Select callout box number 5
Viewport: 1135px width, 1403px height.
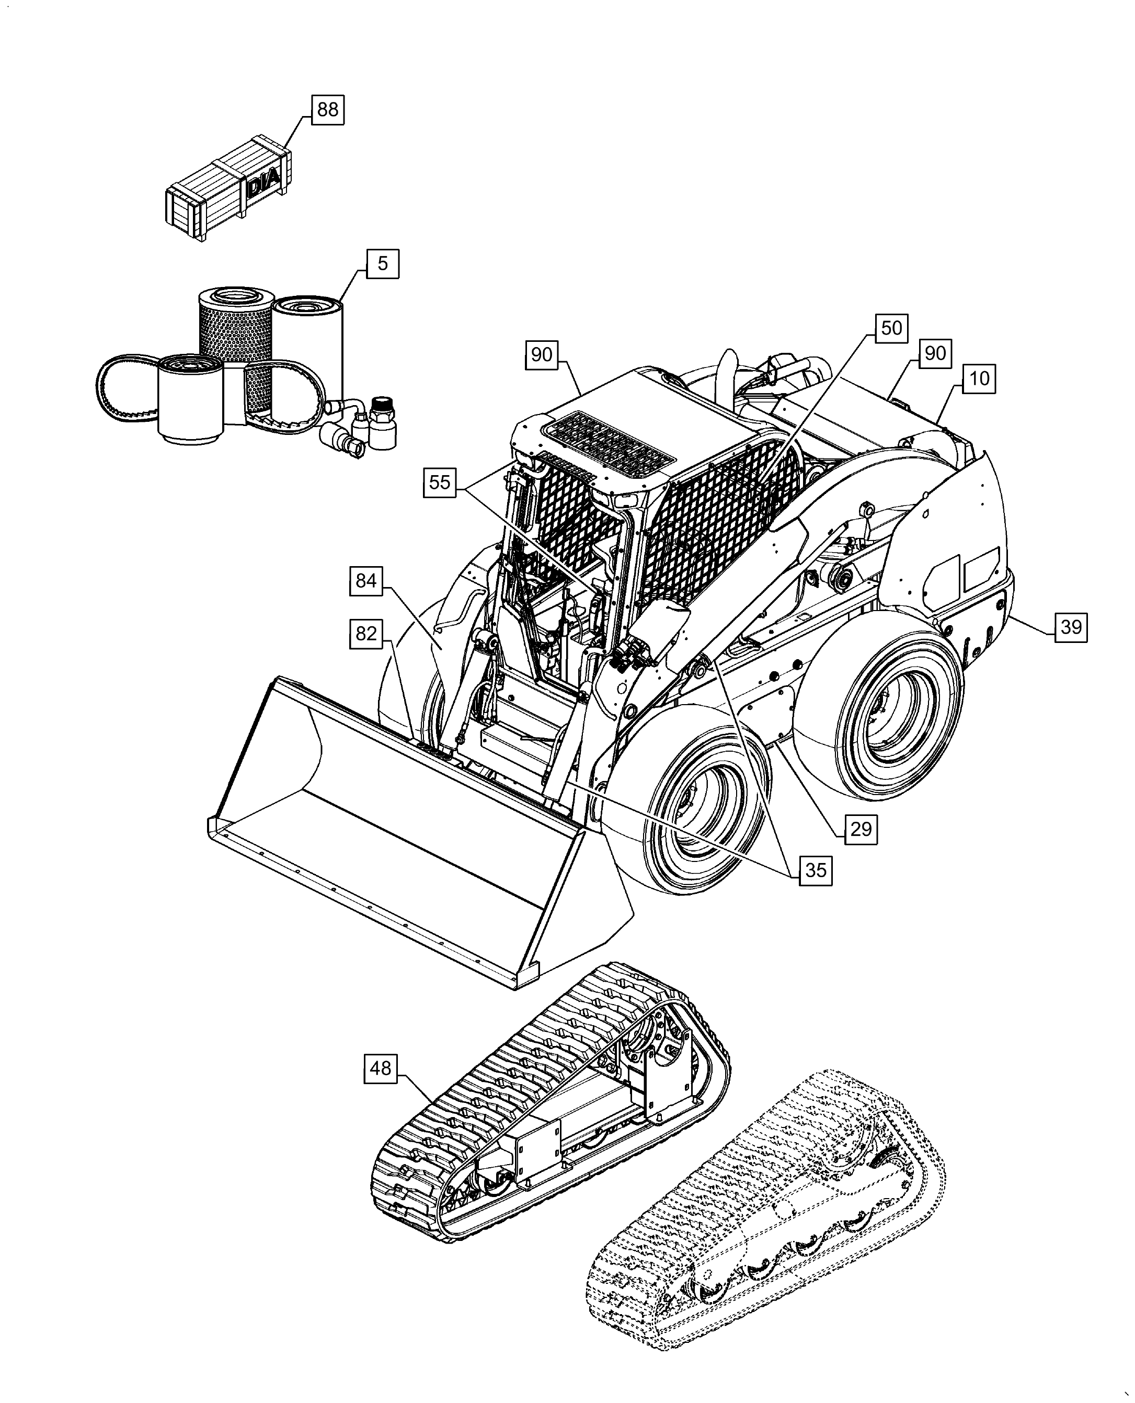383,263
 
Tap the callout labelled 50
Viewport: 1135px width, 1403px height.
891,328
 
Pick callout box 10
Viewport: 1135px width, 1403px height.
979,378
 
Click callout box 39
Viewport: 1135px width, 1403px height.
1071,627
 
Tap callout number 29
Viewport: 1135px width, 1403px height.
861,829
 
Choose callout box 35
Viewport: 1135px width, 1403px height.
815,870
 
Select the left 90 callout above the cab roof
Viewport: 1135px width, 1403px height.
541,355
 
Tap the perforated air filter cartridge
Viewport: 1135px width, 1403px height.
235,327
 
